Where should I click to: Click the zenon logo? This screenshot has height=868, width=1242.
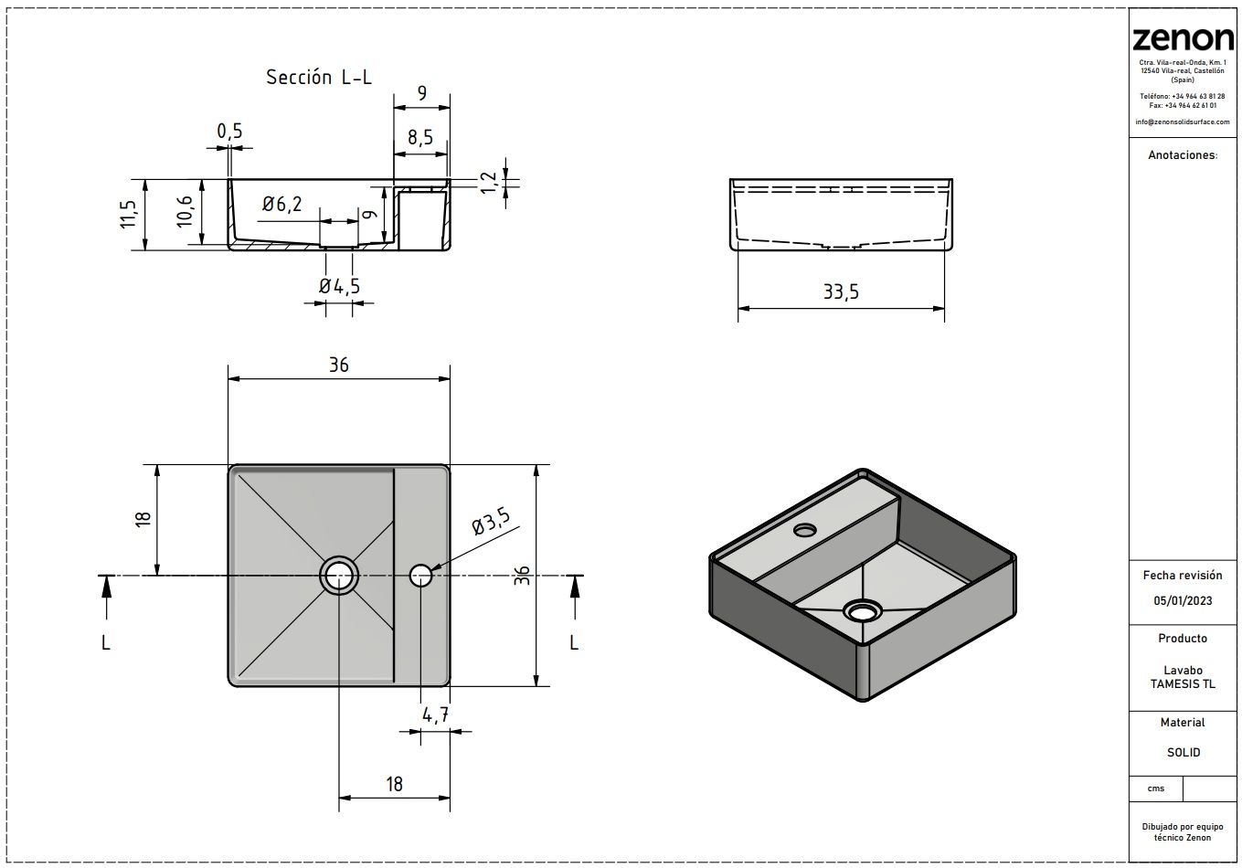pos(1183,38)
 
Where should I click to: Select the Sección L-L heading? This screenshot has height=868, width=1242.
pos(319,77)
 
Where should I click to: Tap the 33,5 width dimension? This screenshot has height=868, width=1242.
pos(841,291)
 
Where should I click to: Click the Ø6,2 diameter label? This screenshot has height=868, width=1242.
pos(282,204)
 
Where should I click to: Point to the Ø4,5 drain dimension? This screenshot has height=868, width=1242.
pos(339,286)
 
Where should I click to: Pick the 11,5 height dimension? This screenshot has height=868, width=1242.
pos(128,214)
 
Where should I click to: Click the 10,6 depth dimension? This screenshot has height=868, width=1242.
pos(185,211)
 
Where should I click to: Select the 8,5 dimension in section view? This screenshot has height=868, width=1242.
pos(420,137)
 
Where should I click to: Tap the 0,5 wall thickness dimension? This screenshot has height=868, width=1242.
pos(229,132)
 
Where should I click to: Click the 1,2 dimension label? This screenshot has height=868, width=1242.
pos(488,183)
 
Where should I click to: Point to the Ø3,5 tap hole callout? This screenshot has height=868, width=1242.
pos(491,521)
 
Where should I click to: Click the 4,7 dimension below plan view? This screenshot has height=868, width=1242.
pos(435,715)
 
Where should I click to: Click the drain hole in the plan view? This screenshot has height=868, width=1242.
pos(339,576)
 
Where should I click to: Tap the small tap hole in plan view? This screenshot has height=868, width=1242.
pos(420,576)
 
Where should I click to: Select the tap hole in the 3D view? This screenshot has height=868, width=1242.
pos(804,531)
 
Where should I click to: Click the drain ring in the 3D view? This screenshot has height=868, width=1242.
pos(862,612)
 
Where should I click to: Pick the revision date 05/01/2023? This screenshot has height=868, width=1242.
pos(1183,600)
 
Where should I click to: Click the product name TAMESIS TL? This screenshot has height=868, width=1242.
pos(1183,684)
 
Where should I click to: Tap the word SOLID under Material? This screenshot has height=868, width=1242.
pos(1184,752)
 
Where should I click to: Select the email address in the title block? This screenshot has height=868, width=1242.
pos(1182,122)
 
